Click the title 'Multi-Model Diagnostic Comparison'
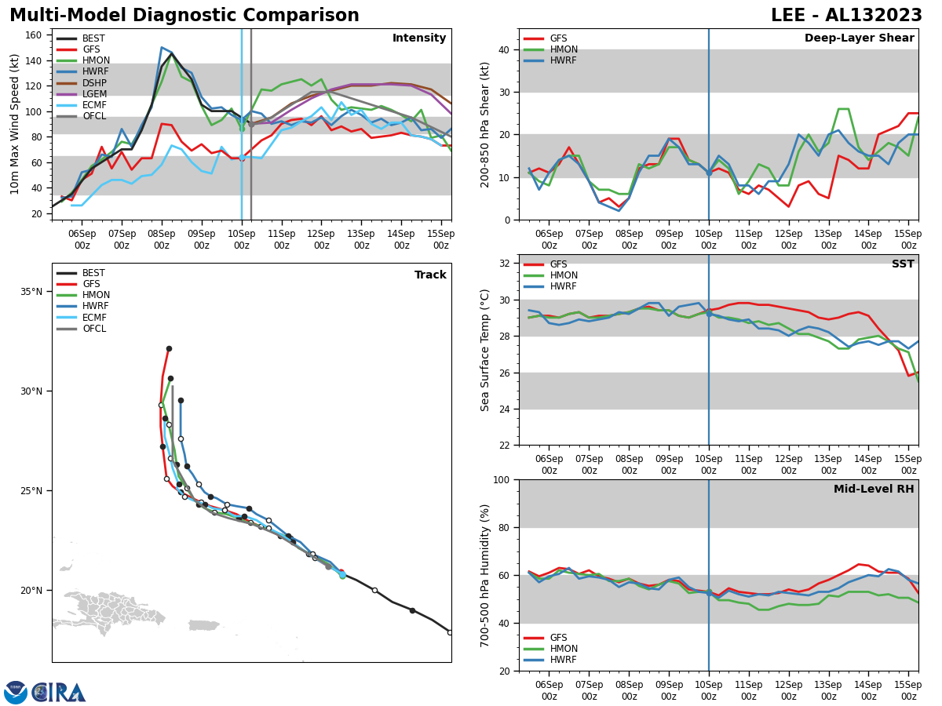[x=184, y=16]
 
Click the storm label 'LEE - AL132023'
[x=846, y=16]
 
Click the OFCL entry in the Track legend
[x=95, y=329]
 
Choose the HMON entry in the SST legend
[x=564, y=275]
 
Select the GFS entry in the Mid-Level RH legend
[x=558, y=638]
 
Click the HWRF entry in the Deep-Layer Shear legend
[x=563, y=60]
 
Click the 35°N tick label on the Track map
[x=31, y=292]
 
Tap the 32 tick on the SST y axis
[x=506, y=264]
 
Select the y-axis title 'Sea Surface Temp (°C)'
[x=485, y=350]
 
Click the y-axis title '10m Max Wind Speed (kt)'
[x=15, y=124]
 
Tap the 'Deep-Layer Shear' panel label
[x=859, y=38]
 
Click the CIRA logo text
[x=59, y=692]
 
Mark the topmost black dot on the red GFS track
[x=169, y=348]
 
